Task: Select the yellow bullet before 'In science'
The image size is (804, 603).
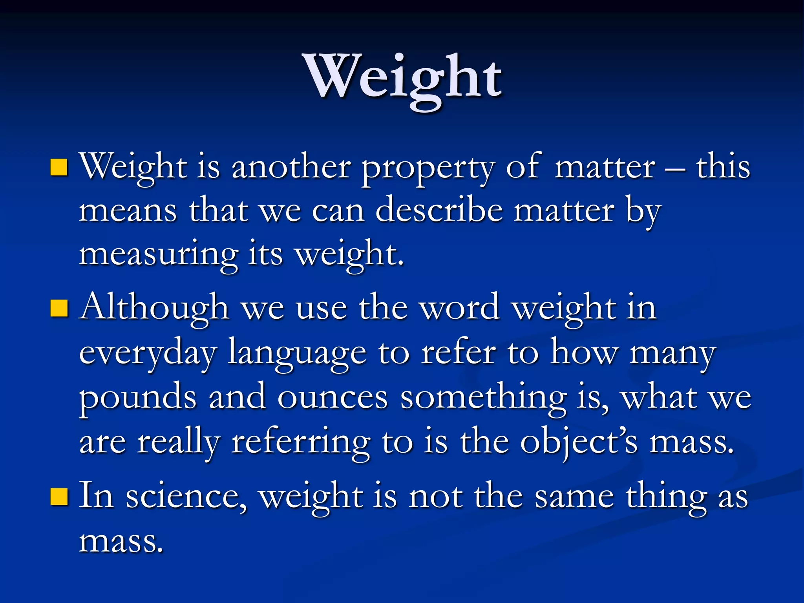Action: tap(59, 496)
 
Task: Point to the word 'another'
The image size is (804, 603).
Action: tap(291, 167)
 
